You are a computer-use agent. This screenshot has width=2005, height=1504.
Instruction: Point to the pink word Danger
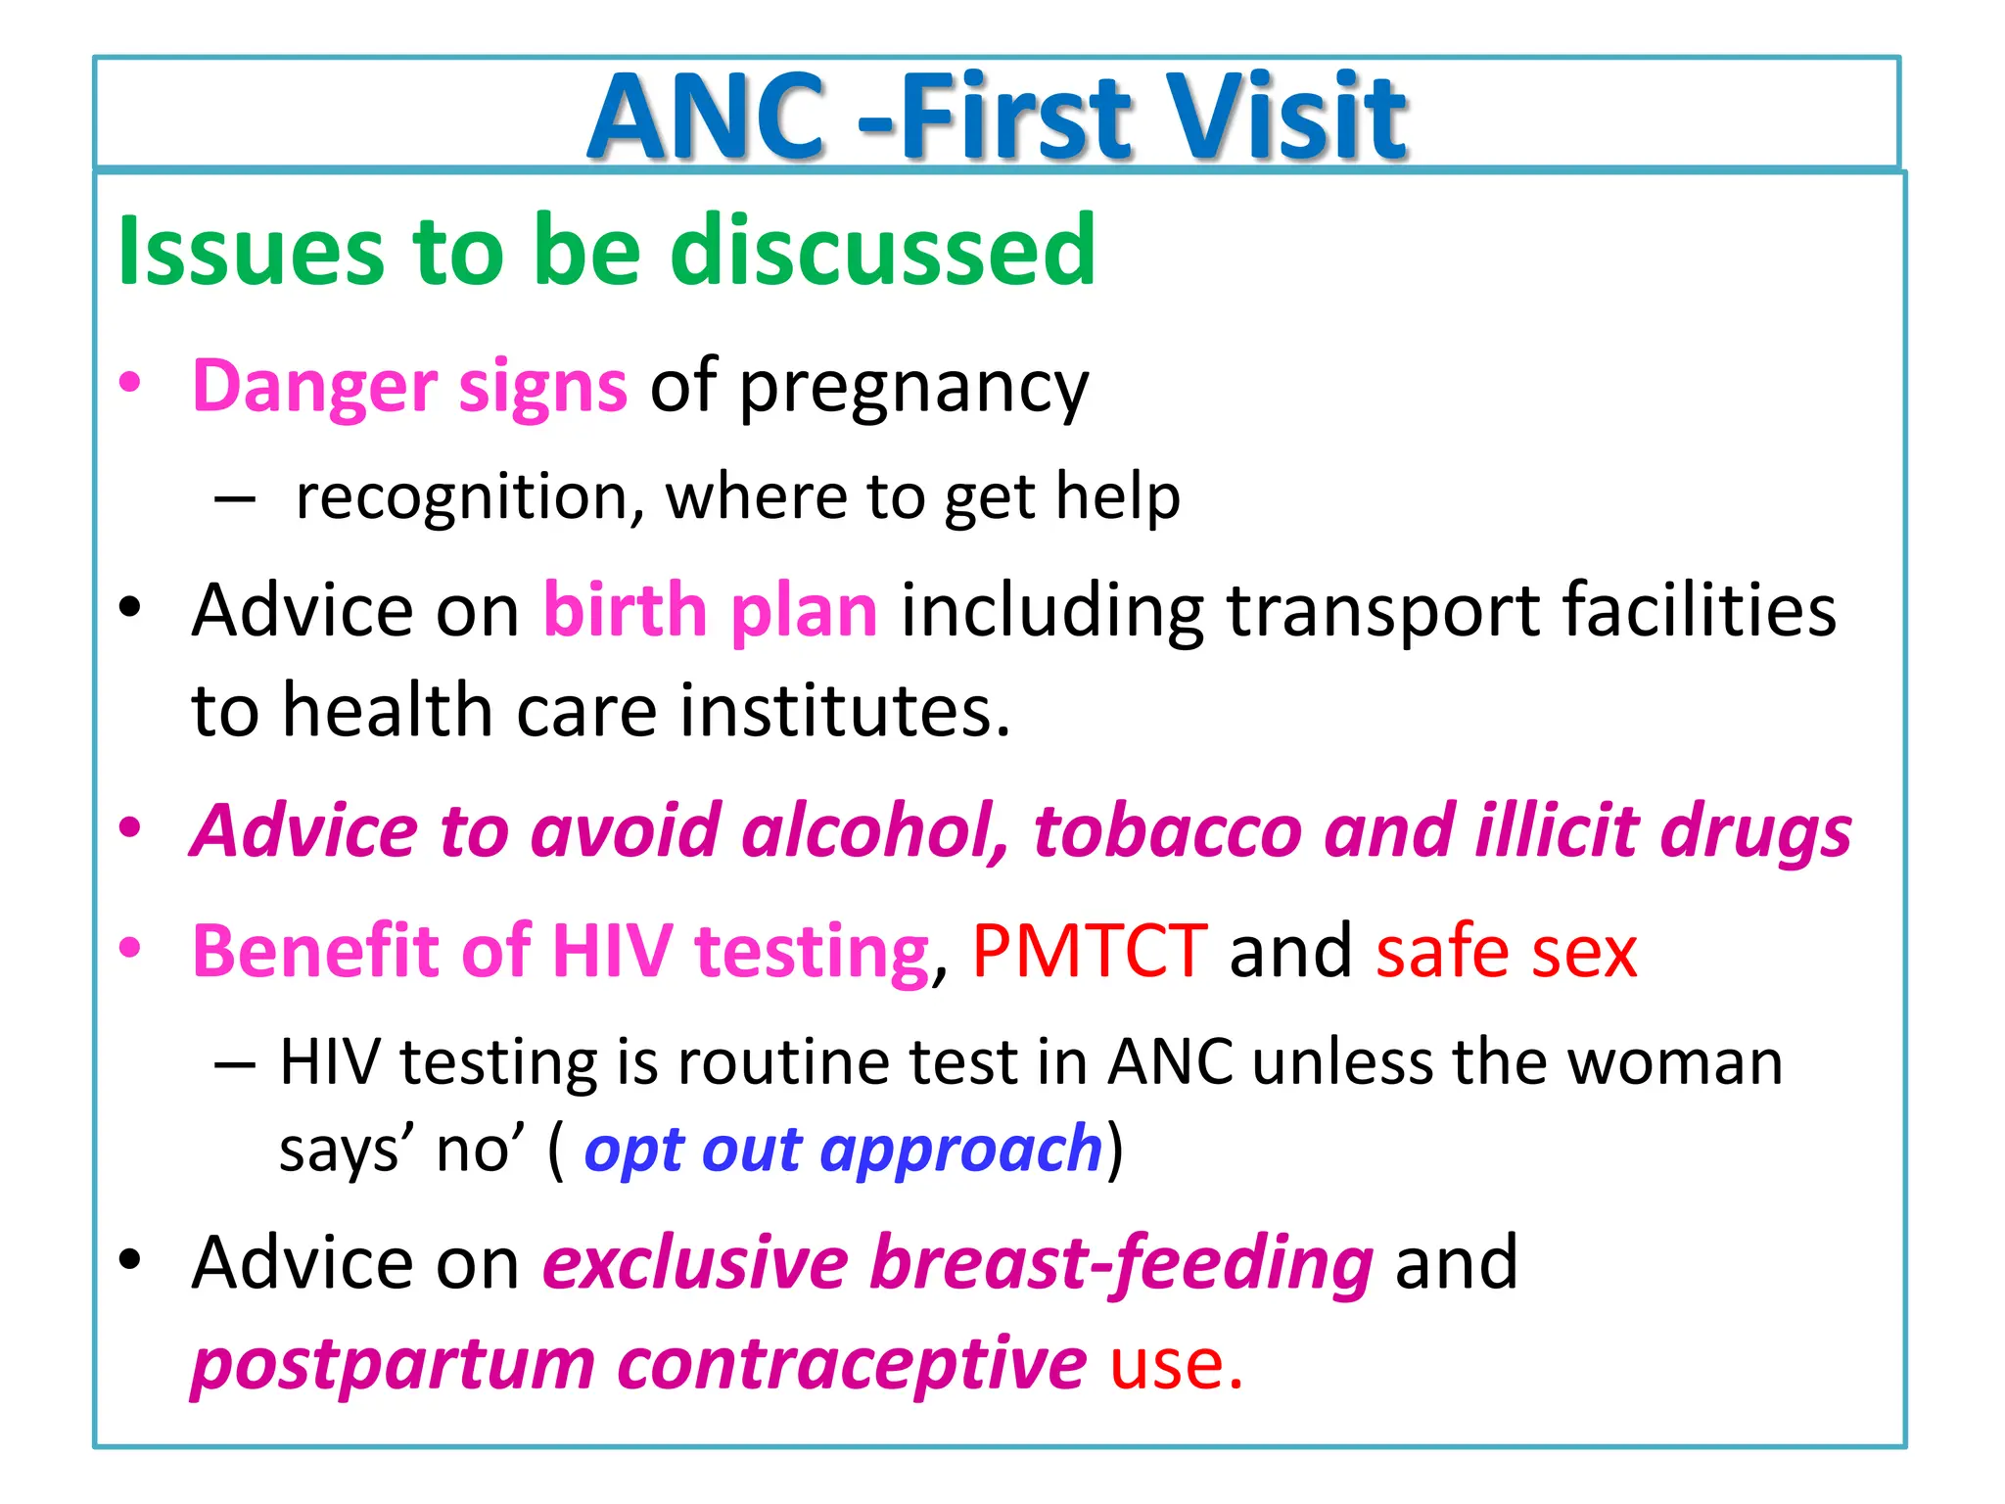point(313,386)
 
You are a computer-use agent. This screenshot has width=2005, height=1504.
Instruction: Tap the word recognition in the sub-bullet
point(469,497)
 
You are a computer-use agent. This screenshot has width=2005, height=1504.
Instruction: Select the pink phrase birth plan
point(710,611)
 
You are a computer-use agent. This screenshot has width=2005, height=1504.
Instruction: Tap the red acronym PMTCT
point(1089,951)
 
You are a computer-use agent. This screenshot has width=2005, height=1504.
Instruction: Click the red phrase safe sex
point(1506,951)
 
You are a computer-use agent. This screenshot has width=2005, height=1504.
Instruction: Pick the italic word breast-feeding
point(1122,1264)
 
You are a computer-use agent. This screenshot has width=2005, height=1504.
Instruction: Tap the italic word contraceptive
point(852,1364)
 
